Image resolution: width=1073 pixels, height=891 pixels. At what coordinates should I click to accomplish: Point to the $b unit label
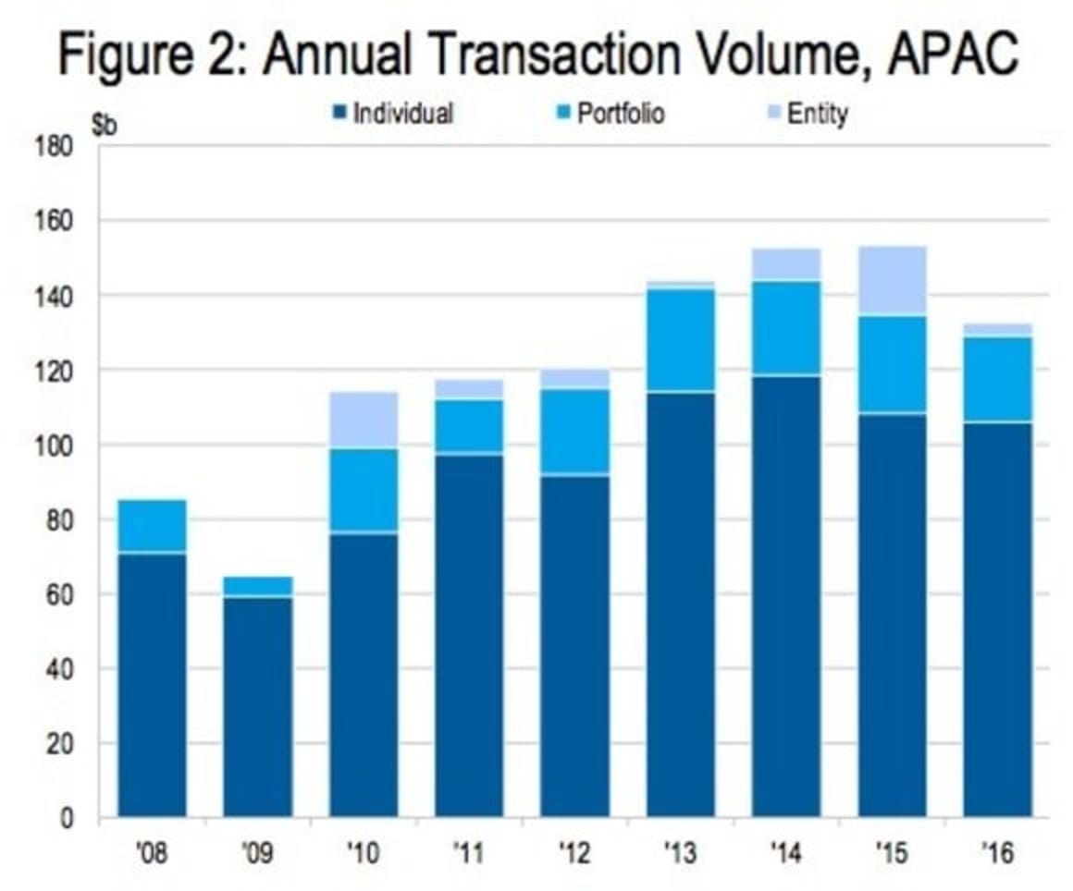[x=105, y=128]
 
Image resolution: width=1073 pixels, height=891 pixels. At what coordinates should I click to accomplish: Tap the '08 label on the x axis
[x=152, y=853]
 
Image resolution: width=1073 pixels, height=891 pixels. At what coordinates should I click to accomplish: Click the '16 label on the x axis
[x=997, y=853]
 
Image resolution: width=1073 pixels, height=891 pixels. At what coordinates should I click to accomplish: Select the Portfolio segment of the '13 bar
[x=681, y=340]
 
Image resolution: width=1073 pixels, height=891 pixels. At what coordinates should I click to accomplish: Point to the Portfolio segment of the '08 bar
[x=153, y=526]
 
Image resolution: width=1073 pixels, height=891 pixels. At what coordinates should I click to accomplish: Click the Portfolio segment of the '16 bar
[x=997, y=379]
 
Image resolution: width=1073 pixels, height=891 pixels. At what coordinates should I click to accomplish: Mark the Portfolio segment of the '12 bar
[x=574, y=431]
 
